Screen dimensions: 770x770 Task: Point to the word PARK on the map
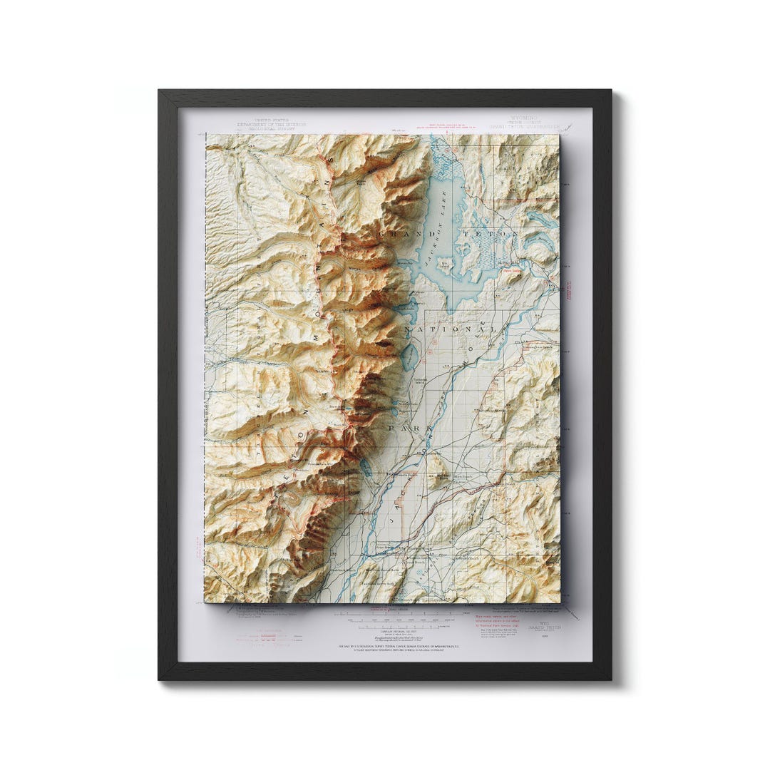pos(409,428)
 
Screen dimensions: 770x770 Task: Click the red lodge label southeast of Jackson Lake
pos(512,271)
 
